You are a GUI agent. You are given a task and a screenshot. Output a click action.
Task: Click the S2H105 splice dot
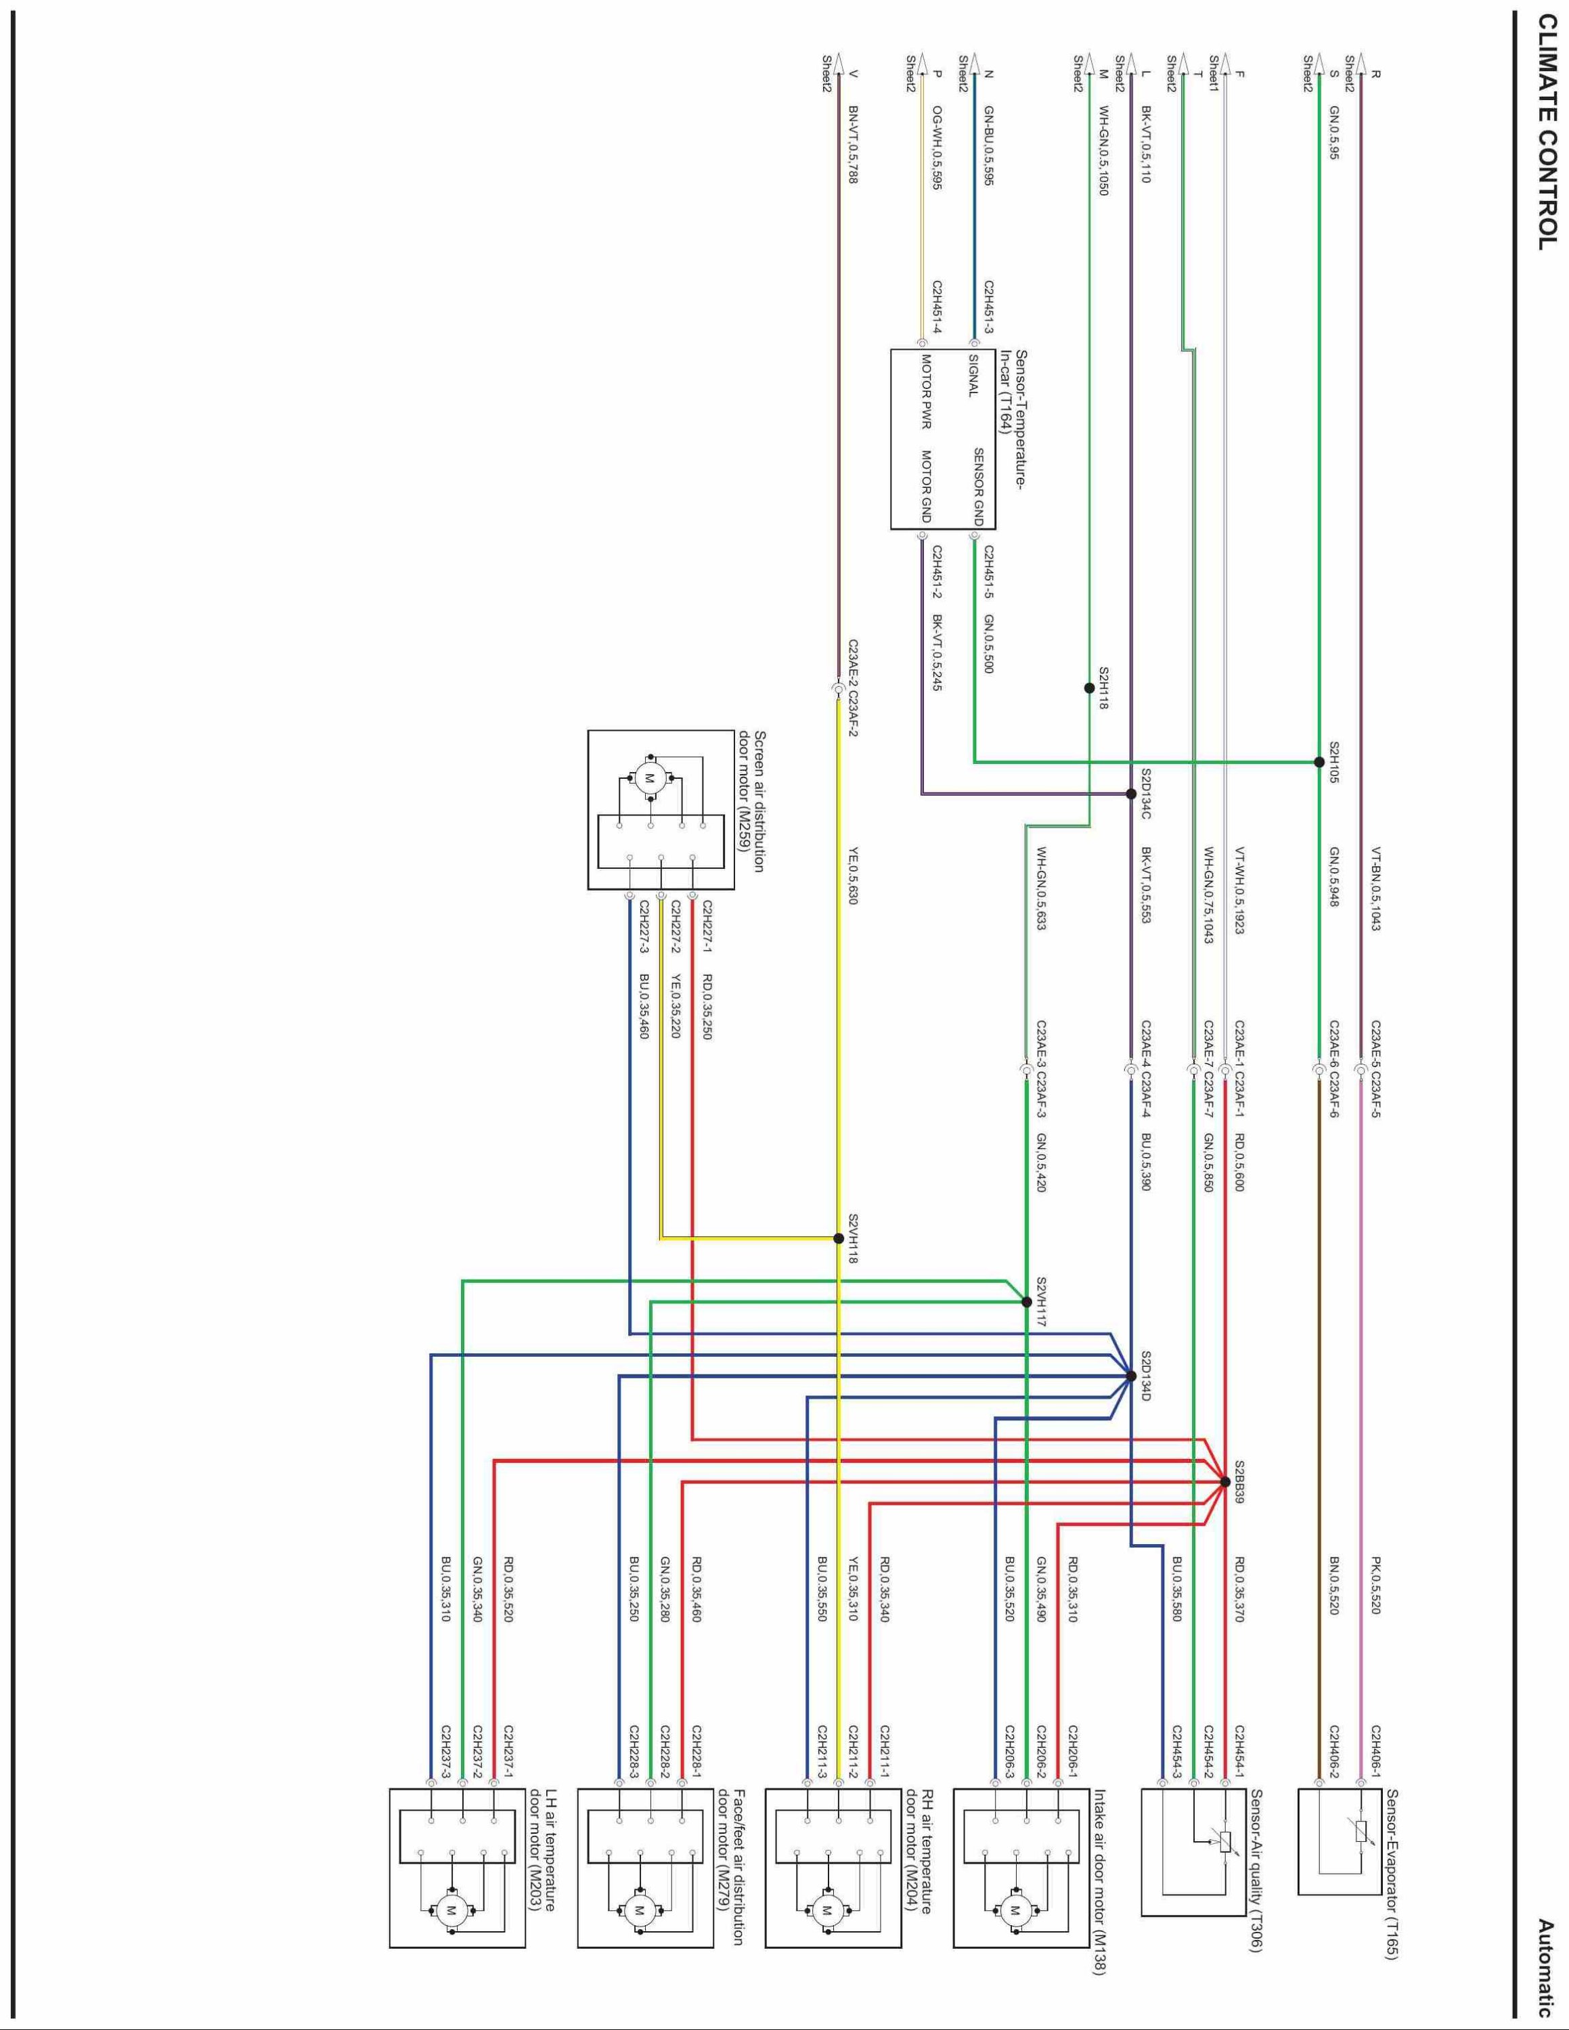(1319, 762)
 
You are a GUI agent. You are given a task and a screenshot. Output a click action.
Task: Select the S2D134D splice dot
(1131, 1376)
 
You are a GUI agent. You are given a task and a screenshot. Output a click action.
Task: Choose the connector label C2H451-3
(990, 313)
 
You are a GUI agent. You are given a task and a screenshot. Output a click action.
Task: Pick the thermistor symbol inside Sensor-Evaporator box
(1362, 1831)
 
